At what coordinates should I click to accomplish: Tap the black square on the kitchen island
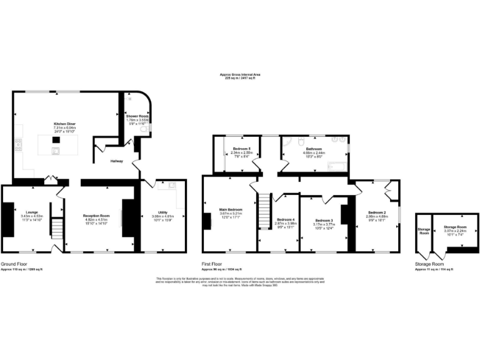(56, 140)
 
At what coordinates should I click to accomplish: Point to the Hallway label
(116, 161)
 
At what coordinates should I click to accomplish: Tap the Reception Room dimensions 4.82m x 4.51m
(96, 219)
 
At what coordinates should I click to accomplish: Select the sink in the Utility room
(171, 186)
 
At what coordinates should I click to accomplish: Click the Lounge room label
(31, 212)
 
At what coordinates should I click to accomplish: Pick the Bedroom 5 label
(241, 149)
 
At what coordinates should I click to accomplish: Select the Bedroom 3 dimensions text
(324, 224)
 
